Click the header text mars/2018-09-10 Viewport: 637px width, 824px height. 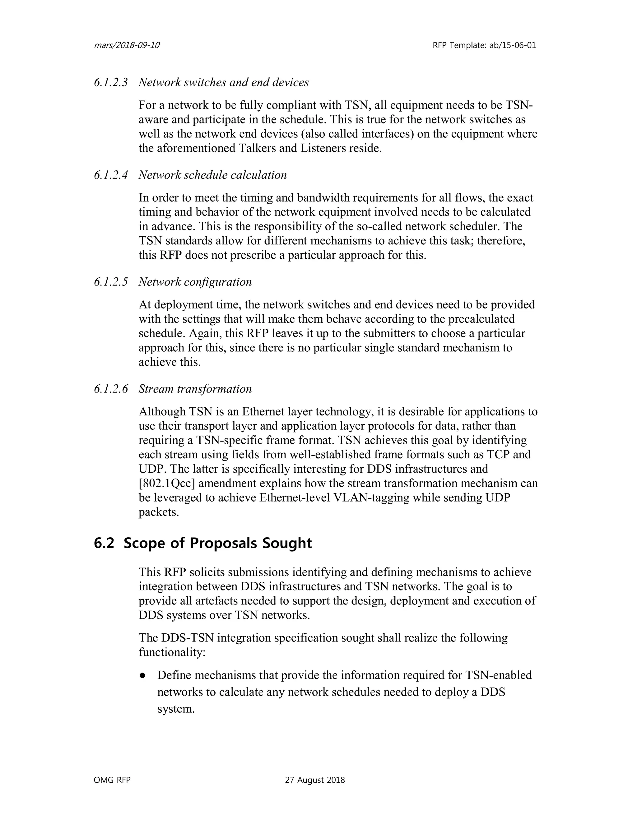click(x=126, y=46)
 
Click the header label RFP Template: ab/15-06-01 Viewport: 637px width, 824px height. click(x=484, y=46)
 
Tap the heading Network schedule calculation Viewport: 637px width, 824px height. click(x=212, y=175)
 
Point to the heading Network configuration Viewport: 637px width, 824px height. click(x=195, y=282)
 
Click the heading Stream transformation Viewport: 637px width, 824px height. click(x=195, y=389)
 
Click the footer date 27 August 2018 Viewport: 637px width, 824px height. click(x=315, y=780)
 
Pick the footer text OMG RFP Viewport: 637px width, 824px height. click(x=112, y=780)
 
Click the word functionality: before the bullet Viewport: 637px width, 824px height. click(x=172, y=652)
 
